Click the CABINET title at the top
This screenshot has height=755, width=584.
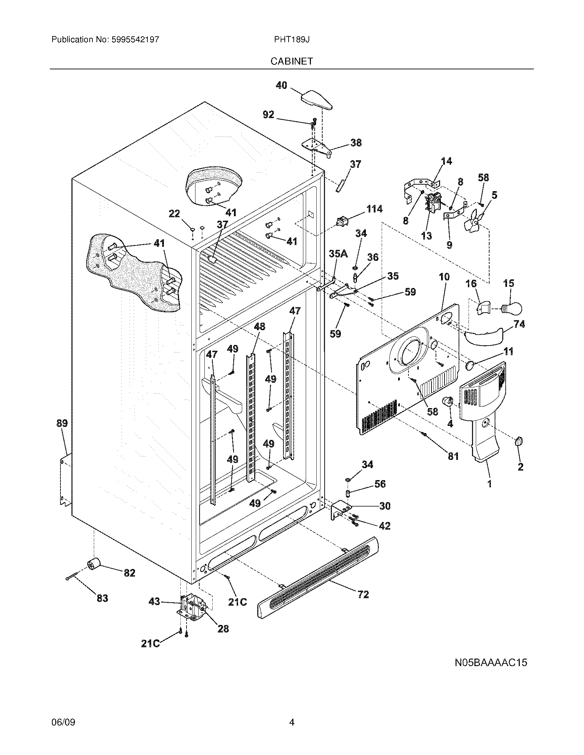(292, 61)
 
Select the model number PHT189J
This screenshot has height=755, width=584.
(292, 40)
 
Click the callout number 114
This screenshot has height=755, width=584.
(374, 209)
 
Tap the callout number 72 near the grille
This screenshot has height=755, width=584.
(363, 594)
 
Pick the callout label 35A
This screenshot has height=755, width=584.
(338, 254)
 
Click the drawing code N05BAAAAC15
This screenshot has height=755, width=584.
(491, 662)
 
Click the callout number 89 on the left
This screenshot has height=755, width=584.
(62, 423)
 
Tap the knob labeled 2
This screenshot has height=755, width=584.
(519, 442)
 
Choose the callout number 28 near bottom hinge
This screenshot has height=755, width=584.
(223, 628)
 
